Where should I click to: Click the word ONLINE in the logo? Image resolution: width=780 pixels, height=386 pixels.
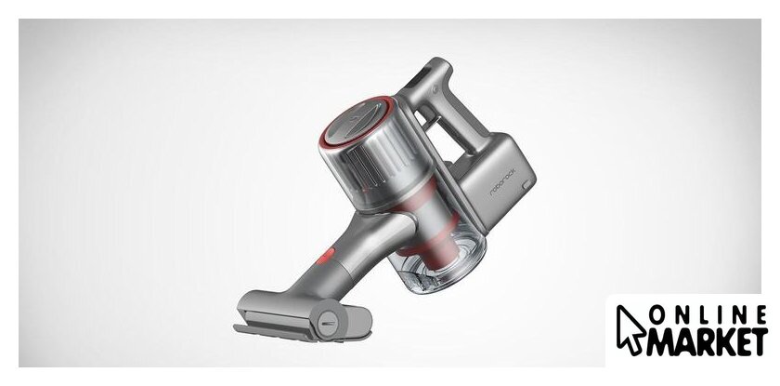click(708, 315)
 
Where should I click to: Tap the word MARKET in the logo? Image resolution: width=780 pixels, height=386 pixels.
click(707, 341)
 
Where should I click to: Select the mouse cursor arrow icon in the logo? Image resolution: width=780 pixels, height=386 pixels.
click(630, 328)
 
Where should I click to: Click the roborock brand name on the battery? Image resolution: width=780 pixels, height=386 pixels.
click(502, 183)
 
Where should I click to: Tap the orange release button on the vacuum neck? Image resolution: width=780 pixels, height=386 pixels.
click(326, 256)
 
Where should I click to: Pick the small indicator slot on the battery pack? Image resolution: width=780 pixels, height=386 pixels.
click(526, 185)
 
